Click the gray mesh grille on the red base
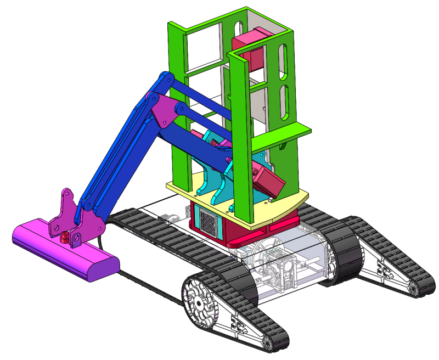tap(208, 222)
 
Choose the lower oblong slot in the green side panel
tap(284, 102)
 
